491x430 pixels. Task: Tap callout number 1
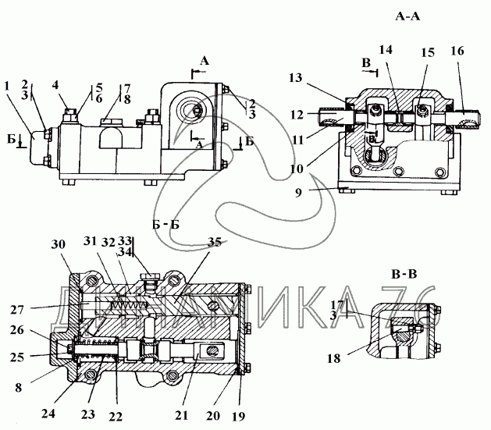coord(7,85)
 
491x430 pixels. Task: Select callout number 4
coord(57,85)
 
